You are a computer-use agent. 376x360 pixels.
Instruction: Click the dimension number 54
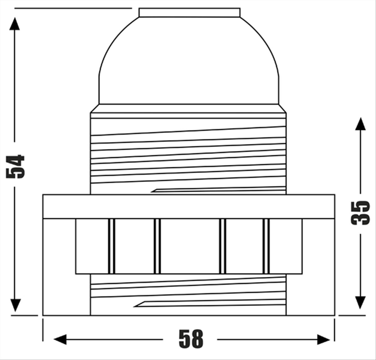point(15,166)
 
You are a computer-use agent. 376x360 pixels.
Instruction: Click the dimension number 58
point(191,339)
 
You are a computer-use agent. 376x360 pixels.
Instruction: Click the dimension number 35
point(360,213)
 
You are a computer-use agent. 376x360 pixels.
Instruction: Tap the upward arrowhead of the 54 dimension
point(14,24)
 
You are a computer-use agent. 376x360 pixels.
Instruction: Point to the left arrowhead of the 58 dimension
point(60,339)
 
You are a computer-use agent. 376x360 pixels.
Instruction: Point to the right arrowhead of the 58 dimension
point(323,339)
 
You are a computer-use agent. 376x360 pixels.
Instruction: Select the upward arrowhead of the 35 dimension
point(360,124)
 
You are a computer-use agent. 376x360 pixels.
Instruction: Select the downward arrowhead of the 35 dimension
point(360,303)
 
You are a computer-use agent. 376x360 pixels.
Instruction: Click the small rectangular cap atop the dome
point(189,13)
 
